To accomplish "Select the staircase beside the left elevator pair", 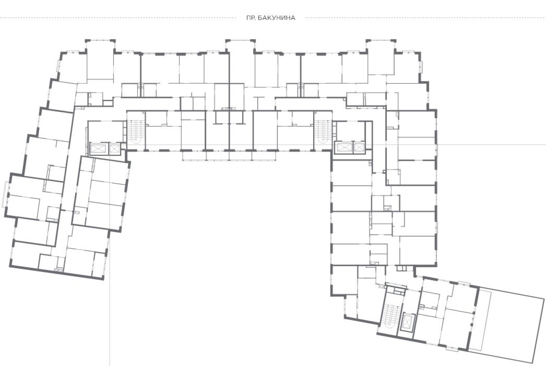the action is coord(135,132).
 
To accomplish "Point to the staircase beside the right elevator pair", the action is coord(323,132).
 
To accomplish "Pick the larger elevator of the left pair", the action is coord(99,148).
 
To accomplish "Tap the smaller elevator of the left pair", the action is coord(114,148).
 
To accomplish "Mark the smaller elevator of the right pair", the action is coord(359,147).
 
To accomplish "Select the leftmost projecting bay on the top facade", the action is coord(100,59).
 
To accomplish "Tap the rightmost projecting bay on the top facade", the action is coord(381,57).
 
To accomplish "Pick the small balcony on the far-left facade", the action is coord(5,195).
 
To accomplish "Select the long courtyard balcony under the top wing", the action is coord(229,156).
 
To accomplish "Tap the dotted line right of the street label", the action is coord(425,17).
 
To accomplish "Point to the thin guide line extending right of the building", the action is coord(492,145).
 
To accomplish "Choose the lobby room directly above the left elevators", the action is coord(105,131).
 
